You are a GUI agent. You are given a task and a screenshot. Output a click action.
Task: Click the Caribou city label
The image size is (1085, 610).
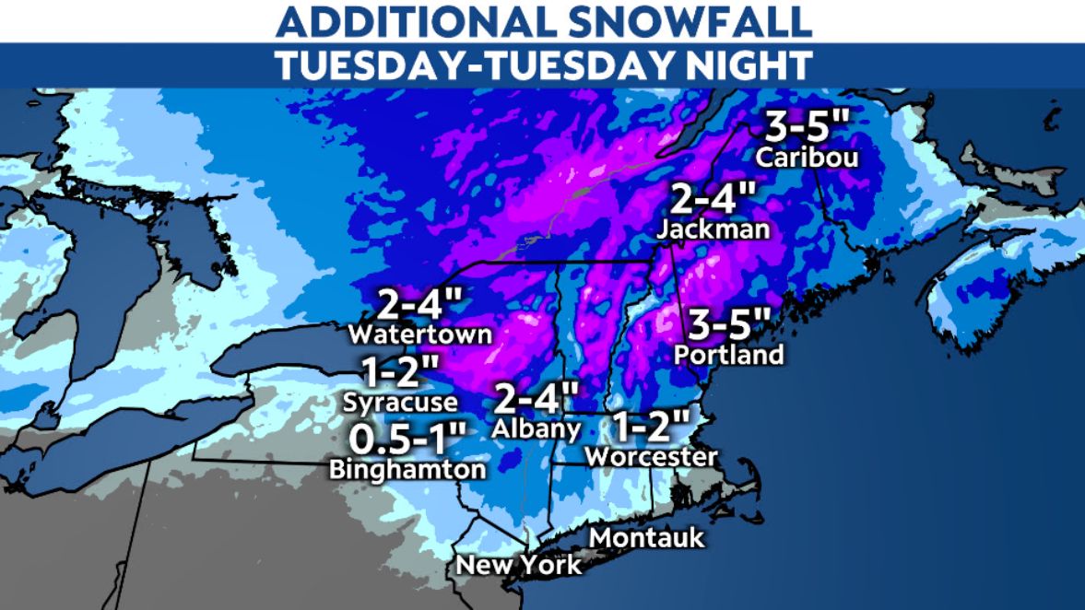807,158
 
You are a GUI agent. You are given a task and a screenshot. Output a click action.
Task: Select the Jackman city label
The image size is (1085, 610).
714,230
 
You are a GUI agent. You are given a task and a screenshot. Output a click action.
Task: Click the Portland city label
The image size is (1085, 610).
728,355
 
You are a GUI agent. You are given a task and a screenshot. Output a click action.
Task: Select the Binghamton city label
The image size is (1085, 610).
407,469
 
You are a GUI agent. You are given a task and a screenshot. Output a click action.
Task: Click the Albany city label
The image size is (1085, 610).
537,428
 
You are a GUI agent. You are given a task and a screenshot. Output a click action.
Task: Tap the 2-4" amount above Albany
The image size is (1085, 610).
537,397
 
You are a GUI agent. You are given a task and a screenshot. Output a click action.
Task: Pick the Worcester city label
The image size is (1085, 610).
651,456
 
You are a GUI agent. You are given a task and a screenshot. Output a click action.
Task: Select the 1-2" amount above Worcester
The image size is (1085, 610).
651,425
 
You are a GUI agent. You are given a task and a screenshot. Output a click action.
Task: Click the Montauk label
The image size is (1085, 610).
647,537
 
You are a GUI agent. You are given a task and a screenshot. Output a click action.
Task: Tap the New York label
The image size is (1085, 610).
519,564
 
